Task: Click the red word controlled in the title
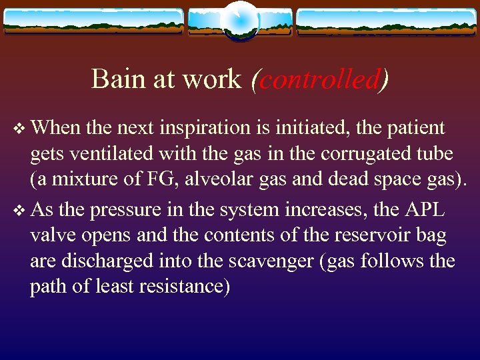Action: pos(316,79)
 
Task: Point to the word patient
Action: pos(413,127)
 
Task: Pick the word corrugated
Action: pos(365,154)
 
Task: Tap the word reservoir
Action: pos(352,235)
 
